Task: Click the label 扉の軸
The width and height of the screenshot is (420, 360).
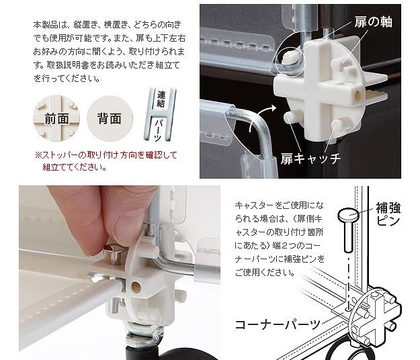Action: coord(373,21)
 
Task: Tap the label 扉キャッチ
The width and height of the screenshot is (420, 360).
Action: coord(310,159)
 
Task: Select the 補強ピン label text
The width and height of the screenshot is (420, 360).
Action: coord(388,214)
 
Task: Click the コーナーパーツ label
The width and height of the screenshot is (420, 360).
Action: coord(278,324)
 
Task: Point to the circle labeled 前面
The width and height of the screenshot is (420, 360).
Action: coord(56,118)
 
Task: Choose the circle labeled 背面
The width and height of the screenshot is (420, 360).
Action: coord(110,118)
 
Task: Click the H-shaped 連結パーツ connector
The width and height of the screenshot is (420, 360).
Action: coord(160,114)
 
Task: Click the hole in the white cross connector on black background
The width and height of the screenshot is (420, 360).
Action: coord(358,94)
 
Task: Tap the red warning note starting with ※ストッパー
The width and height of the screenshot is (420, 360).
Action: coord(106,161)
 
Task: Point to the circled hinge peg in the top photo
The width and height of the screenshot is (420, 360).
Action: coord(288,56)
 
